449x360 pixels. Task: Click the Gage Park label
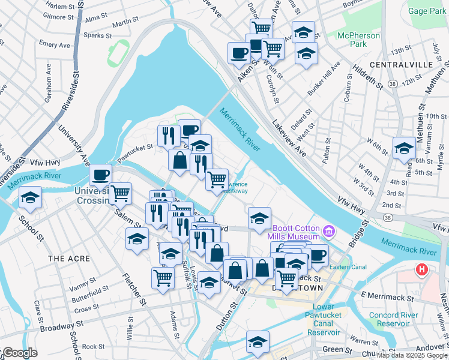tap(426, 11)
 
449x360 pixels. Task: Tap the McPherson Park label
tap(358, 40)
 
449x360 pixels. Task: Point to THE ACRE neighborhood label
tap(68, 259)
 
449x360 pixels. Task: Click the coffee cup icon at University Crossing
tap(100, 175)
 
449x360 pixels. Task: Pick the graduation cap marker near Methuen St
tap(404, 147)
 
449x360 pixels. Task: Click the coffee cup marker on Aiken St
tap(238, 52)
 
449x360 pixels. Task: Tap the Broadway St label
tap(60, 328)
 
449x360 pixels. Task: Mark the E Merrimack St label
tap(387, 298)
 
